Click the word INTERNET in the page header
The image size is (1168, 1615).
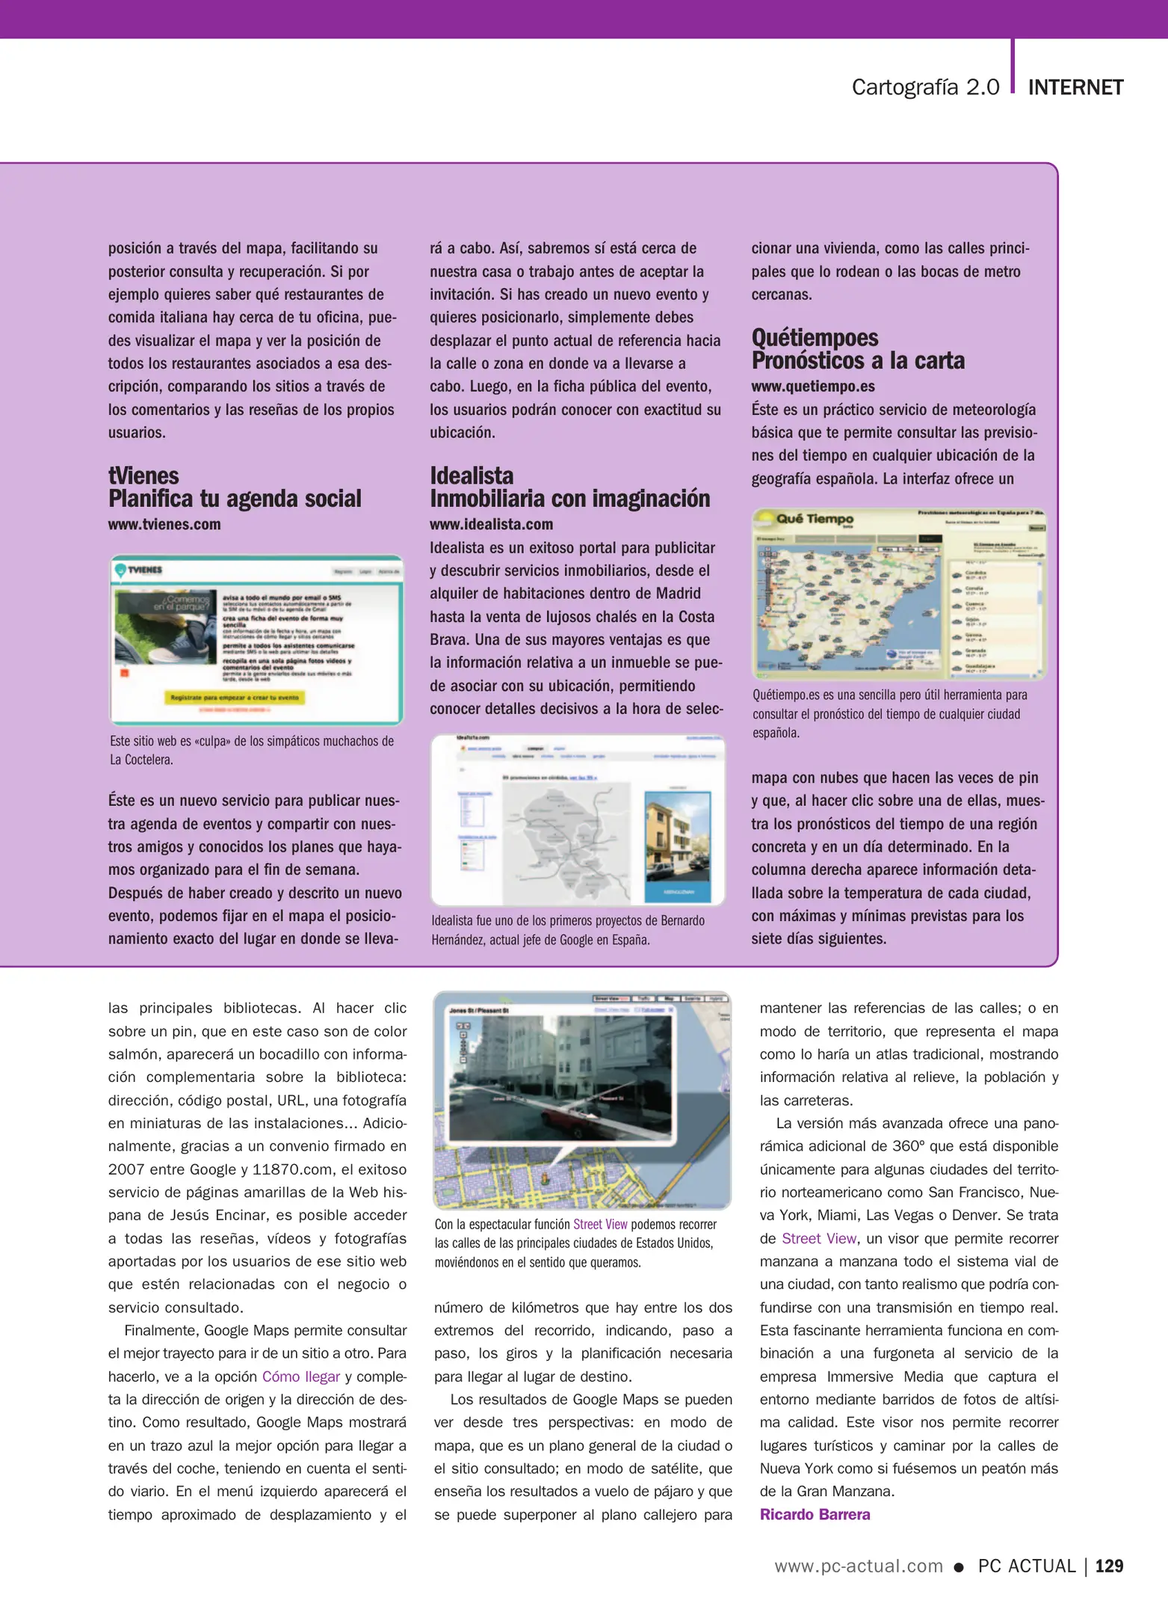tap(1075, 87)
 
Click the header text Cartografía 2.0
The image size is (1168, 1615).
tap(925, 87)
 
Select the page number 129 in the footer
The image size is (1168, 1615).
tap(1109, 1566)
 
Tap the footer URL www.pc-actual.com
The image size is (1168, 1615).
tap(859, 1566)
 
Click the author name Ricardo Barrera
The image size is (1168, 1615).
tap(815, 1514)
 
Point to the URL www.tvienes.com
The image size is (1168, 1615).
tap(164, 524)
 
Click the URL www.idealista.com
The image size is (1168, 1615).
tap(491, 524)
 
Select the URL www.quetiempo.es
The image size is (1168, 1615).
tap(813, 387)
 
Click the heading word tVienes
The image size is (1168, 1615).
tap(143, 476)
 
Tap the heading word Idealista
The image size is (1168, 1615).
tap(472, 476)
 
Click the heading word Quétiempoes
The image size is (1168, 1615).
tap(815, 337)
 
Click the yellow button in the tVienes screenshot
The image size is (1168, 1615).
tap(235, 698)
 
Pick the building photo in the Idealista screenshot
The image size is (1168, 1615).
tap(678, 846)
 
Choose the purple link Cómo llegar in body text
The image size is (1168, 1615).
tap(300, 1376)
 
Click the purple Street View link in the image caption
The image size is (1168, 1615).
tap(600, 1224)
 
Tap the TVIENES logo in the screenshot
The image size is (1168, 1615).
tap(140, 570)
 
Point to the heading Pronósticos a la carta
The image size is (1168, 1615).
tap(858, 361)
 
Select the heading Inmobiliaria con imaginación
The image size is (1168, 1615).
tap(569, 499)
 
